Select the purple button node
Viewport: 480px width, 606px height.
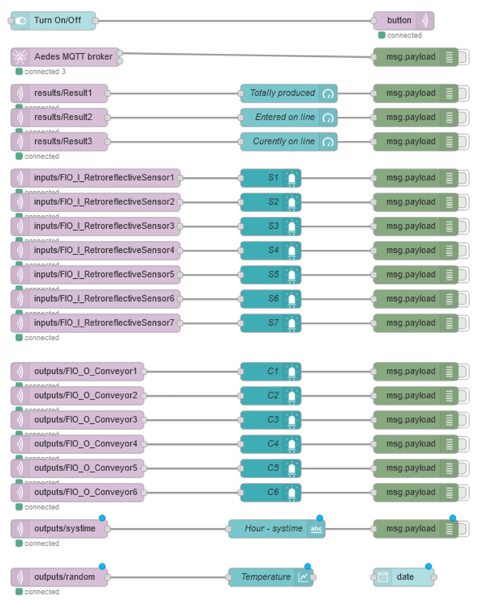point(403,21)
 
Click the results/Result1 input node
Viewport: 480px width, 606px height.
point(59,93)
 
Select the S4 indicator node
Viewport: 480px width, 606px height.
point(270,250)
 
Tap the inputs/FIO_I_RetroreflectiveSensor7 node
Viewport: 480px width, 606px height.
point(95,323)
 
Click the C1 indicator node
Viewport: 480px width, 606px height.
point(270,371)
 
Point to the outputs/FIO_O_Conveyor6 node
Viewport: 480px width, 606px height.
point(77,492)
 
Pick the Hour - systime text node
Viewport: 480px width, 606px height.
point(276,528)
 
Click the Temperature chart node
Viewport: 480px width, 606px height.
point(270,577)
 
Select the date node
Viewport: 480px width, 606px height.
point(403,577)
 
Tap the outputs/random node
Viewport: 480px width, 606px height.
point(59,577)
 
